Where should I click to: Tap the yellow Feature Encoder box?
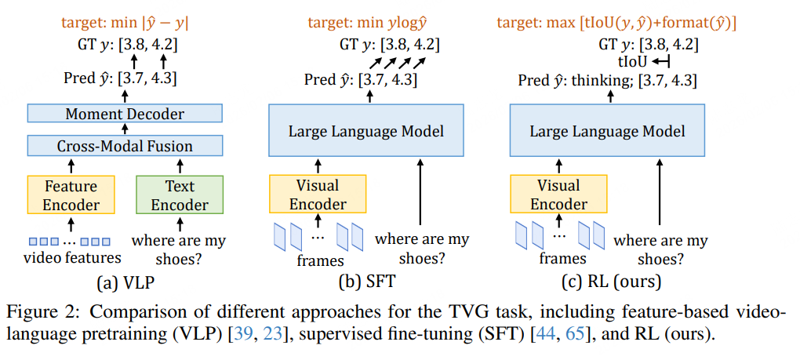(x=71, y=195)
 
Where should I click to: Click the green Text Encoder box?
(x=180, y=195)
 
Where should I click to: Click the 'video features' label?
(x=72, y=257)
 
